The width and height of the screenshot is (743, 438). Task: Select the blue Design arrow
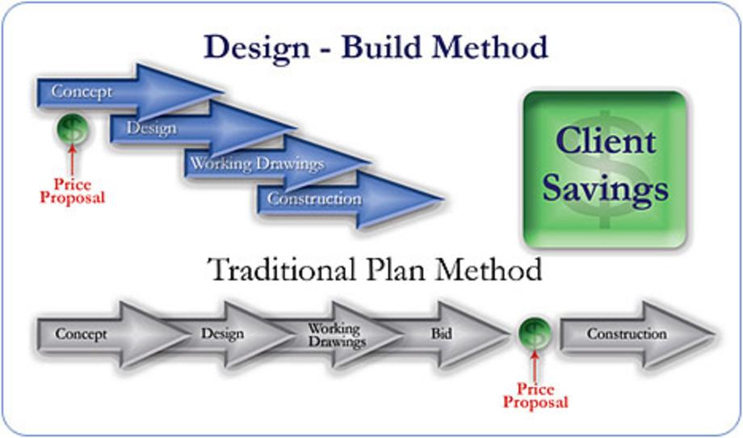(203, 128)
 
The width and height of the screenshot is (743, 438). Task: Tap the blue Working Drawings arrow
(277, 163)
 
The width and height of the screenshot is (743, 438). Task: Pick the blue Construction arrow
(351, 199)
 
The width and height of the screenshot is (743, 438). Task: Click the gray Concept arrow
(113, 335)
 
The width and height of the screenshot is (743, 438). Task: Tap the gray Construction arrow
(637, 335)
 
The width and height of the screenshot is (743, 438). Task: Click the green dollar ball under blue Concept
(72, 129)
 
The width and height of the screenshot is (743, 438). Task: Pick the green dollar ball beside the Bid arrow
(535, 333)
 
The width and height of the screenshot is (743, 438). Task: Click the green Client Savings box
(605, 169)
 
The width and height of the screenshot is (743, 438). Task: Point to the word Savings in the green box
(605, 190)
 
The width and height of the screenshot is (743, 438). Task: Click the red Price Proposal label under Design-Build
(72, 191)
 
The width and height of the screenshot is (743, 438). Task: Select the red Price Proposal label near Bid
(535, 396)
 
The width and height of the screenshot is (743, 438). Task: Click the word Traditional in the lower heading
(282, 269)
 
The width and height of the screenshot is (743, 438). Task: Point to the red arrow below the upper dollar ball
(72, 160)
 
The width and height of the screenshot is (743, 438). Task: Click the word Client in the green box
(606, 141)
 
